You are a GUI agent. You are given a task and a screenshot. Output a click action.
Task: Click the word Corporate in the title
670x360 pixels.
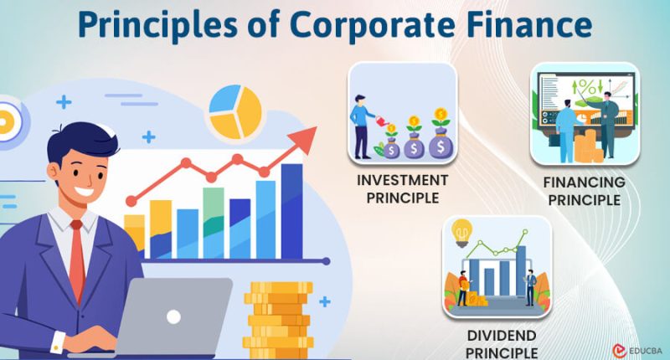tap(372, 26)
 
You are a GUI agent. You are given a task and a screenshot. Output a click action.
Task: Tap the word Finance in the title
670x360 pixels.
tap(529, 24)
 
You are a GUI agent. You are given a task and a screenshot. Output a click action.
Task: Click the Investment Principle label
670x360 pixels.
tap(403, 189)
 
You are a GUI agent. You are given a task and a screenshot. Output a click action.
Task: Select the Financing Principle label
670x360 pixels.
tap(584, 191)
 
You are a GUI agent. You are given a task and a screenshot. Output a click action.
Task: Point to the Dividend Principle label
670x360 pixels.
tap(502, 344)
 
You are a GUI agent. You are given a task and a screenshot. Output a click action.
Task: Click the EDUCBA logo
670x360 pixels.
tap(637, 351)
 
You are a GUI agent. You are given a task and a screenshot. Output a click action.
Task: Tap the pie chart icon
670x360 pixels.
tap(235, 111)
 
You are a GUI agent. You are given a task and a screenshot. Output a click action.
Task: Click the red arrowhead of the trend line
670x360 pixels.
tap(304, 140)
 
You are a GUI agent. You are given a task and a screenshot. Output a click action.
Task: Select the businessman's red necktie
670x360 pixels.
tap(77, 261)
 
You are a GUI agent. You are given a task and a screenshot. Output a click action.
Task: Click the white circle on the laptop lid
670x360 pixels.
tap(173, 316)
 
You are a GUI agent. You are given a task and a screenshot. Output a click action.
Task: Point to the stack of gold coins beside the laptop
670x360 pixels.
tap(278, 320)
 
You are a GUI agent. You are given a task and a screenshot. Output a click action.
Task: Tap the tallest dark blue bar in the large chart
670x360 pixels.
tap(291, 211)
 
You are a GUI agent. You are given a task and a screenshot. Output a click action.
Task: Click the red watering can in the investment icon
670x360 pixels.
tap(382, 121)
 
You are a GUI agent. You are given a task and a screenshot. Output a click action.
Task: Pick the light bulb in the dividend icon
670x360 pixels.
tap(461, 233)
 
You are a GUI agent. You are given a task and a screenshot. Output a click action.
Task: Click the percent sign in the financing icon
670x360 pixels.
tap(587, 87)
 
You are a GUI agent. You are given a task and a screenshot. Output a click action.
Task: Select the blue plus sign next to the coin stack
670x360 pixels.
tap(325, 301)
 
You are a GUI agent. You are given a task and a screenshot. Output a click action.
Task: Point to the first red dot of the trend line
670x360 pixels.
tap(131, 201)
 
